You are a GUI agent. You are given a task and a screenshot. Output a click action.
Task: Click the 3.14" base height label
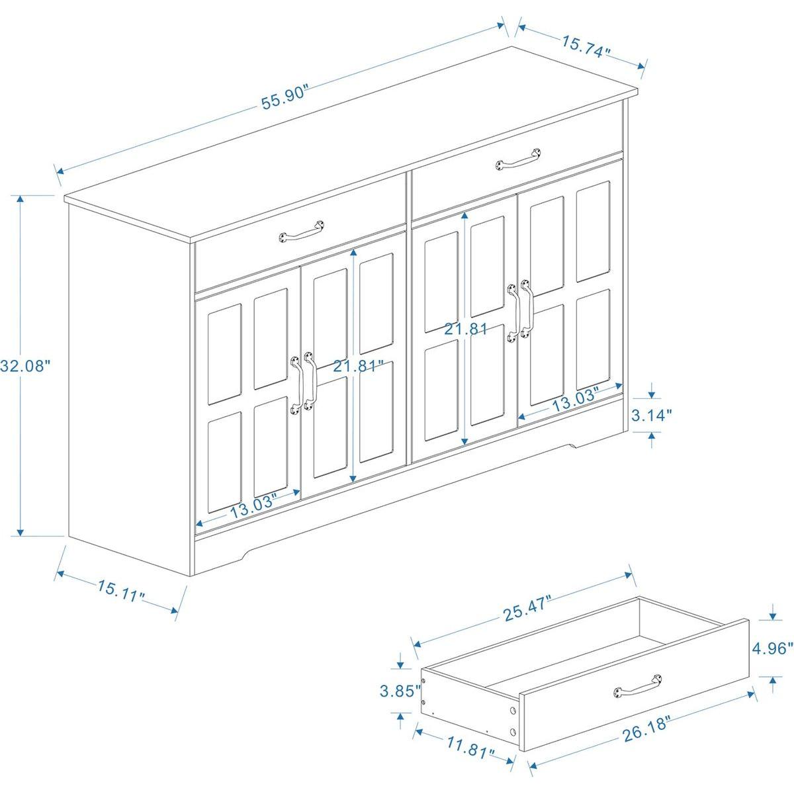652,415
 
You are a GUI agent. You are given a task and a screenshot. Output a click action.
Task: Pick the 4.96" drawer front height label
770,648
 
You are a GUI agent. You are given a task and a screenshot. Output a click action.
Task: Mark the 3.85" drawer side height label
400,691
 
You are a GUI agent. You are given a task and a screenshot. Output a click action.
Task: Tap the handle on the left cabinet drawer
302,231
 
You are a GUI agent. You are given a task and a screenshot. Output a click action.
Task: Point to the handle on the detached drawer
638,685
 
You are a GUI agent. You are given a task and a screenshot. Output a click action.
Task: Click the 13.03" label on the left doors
253,510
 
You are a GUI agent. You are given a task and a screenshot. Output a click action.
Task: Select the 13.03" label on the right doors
575,400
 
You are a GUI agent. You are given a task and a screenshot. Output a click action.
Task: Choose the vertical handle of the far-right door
527,312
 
